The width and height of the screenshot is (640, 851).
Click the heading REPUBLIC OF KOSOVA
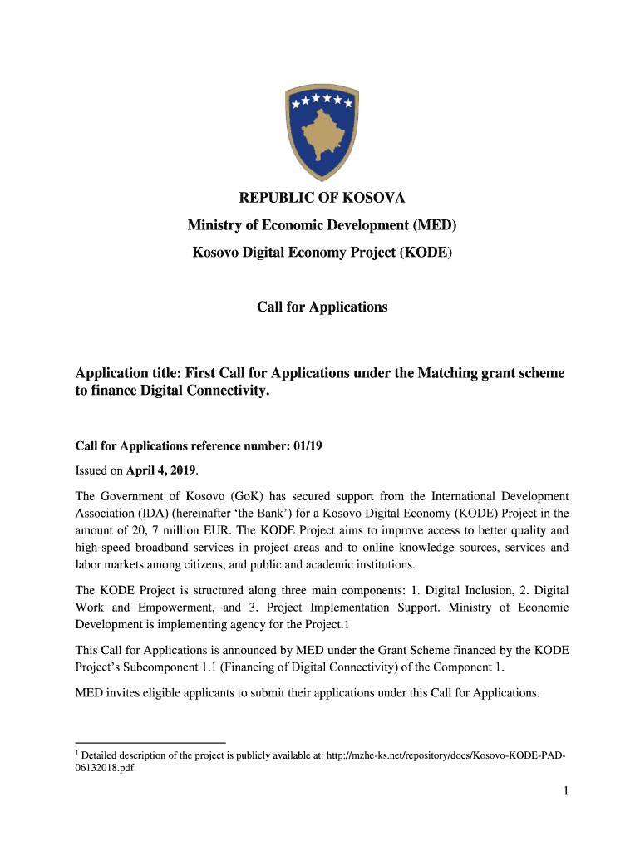tap(322, 199)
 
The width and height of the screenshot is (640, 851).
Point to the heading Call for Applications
tap(322, 307)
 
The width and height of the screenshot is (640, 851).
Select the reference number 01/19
tap(308, 446)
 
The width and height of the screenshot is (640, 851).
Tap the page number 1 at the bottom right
tap(565, 792)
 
